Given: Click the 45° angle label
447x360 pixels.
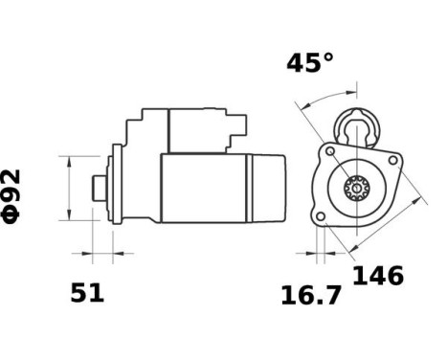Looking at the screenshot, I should tap(310, 63).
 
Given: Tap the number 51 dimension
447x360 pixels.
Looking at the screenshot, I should tap(87, 293).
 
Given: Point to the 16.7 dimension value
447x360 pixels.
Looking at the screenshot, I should tap(311, 295).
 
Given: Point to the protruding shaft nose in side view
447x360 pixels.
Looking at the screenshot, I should tap(98, 188).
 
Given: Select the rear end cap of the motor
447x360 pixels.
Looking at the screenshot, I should tap(268, 189).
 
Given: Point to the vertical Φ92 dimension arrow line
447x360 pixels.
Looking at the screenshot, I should tap(70, 188).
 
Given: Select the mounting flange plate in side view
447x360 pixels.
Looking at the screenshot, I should tap(117, 186).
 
